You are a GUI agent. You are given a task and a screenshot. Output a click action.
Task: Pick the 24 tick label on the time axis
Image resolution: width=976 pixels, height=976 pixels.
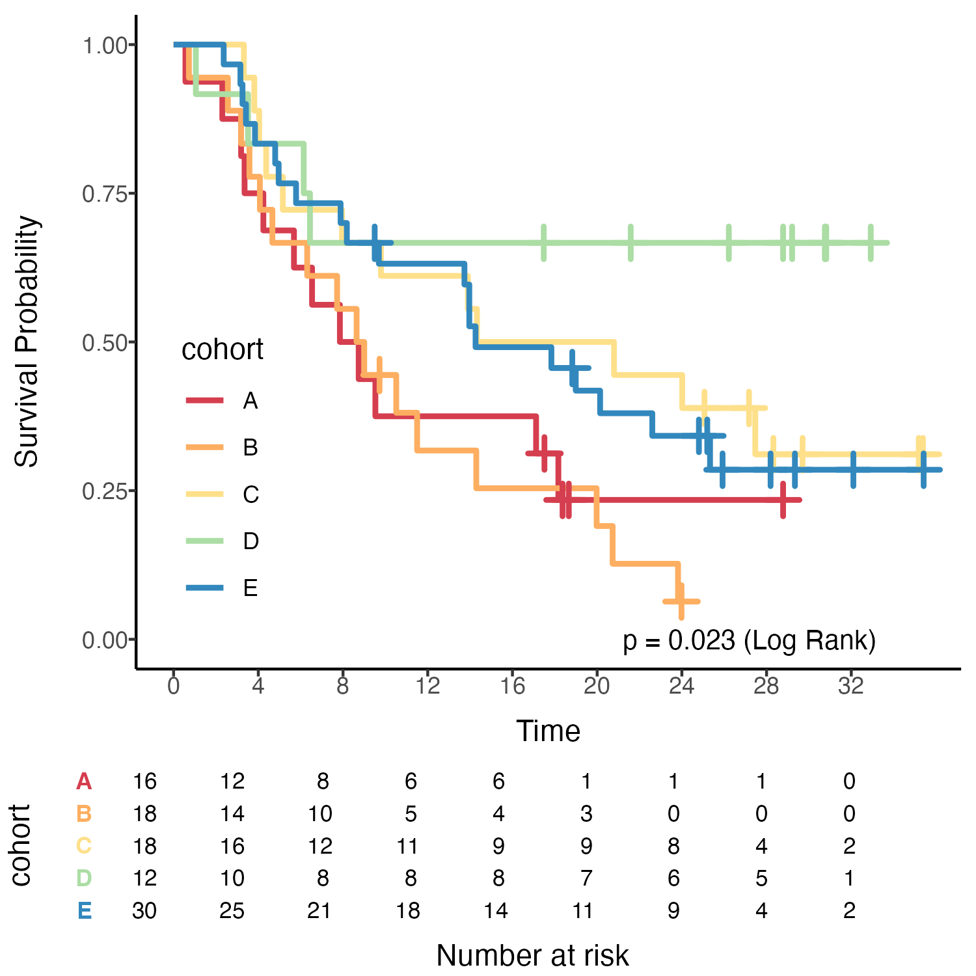point(681,686)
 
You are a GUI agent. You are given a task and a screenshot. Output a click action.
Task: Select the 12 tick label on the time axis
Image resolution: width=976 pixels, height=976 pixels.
point(427,686)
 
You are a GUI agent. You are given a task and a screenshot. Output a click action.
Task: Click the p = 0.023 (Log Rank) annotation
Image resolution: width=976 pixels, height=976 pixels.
point(749,640)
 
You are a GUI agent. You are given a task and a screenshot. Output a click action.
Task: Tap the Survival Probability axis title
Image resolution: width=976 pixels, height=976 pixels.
point(27,342)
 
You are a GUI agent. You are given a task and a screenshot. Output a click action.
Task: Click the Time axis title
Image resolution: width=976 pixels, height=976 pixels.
point(548,731)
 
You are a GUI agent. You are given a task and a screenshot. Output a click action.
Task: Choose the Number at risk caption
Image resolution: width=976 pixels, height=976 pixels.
point(532,955)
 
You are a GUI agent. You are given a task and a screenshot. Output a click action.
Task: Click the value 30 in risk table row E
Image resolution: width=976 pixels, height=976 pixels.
point(144,910)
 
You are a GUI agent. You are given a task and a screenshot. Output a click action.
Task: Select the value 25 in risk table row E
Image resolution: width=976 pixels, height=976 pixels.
point(232,910)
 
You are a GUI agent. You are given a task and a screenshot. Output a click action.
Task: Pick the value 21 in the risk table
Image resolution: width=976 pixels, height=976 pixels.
point(319,910)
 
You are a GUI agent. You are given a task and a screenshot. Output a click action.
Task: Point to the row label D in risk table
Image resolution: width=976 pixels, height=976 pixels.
point(84,878)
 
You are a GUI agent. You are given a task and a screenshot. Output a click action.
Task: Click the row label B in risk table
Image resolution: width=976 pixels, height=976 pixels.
point(84,813)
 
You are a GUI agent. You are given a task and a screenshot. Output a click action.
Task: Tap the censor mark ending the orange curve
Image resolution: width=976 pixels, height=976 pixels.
point(681,601)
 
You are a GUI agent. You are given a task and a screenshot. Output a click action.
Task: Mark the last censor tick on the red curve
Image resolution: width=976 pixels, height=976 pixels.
point(783,500)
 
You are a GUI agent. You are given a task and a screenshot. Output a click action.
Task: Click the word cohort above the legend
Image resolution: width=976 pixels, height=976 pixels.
point(222,350)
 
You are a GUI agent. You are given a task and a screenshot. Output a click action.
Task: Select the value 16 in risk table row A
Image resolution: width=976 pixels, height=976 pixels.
point(144,781)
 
